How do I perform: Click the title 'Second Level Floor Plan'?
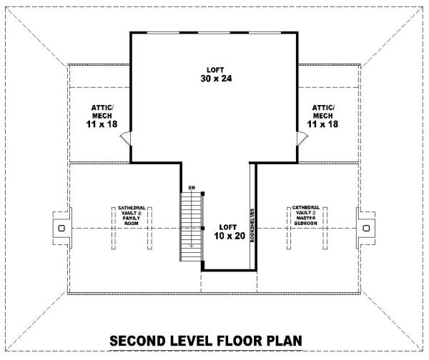coord(206,341)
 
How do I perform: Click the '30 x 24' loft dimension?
coord(216,79)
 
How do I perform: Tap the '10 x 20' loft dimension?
coord(230,236)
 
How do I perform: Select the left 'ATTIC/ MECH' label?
coord(102,111)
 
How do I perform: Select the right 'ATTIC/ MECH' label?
coord(323,111)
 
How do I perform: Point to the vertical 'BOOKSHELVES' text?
coord(252,226)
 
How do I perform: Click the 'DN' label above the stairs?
coord(192,188)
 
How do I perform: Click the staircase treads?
coord(191,226)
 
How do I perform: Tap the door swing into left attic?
coord(126,139)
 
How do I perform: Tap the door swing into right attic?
coord(302,139)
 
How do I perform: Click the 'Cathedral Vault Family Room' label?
coord(132,216)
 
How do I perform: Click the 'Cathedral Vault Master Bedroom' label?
coord(306,216)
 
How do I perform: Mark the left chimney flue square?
coord(61,228)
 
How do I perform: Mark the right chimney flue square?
coord(366,228)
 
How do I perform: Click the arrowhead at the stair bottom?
coord(192,245)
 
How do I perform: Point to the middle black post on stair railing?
coord(203,228)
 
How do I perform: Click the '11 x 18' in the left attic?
coord(102,124)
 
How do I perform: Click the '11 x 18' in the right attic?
coord(323,124)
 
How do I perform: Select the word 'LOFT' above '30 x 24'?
coord(215,70)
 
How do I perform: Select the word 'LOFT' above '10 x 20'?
coord(228,227)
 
